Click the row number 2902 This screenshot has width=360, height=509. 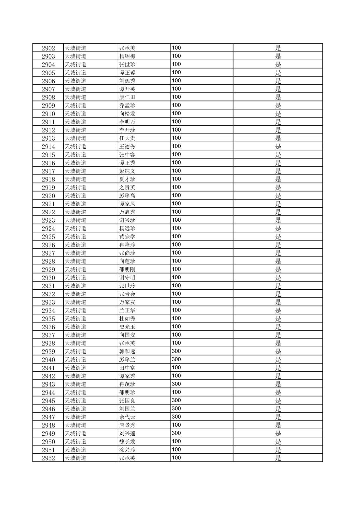(48, 48)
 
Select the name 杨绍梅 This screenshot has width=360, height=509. (127, 56)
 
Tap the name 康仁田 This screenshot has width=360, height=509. (127, 97)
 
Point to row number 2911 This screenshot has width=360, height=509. (48, 122)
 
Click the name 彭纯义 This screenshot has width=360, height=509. (127, 171)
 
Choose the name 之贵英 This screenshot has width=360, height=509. (127, 188)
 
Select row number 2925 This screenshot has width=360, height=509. (48, 237)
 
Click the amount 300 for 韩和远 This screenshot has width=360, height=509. (176, 351)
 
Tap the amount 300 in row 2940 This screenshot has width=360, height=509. (176, 359)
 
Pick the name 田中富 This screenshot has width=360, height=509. (127, 368)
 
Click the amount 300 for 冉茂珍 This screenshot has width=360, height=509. (176, 384)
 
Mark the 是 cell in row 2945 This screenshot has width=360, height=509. (278, 401)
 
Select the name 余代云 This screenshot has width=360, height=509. (127, 417)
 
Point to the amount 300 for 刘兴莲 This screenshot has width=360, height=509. (176, 433)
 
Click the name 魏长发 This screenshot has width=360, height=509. (127, 441)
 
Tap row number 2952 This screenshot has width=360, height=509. (48, 458)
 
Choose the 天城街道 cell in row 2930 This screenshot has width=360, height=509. (75, 278)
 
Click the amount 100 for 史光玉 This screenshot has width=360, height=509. (176, 326)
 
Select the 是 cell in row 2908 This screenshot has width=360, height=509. (278, 97)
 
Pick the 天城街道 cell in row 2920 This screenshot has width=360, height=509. (75, 196)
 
